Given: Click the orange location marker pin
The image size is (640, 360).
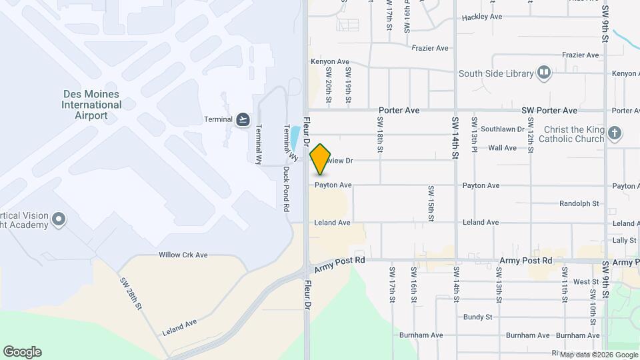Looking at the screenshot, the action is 321,159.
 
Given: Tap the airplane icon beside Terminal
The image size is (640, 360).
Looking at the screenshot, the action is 243,119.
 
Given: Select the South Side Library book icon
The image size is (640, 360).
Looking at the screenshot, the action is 545,73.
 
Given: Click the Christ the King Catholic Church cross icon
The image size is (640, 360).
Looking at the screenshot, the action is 615,134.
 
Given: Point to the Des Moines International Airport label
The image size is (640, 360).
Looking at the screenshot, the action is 91,105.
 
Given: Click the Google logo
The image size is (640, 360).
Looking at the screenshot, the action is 22,352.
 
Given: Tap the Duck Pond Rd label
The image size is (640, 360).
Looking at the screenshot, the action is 285,189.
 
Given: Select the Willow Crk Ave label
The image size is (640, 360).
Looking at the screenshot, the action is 183,255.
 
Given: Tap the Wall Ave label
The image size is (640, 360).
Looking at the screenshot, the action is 502,148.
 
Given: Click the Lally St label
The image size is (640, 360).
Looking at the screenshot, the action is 624,240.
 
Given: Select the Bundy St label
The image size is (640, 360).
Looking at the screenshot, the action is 477,317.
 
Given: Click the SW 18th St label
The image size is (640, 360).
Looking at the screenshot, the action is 379,133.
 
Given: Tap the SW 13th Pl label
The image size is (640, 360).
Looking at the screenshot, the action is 473,132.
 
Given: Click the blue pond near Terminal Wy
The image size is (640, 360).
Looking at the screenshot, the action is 294,139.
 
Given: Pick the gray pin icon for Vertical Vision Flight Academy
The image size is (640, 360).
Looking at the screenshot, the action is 59,219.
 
